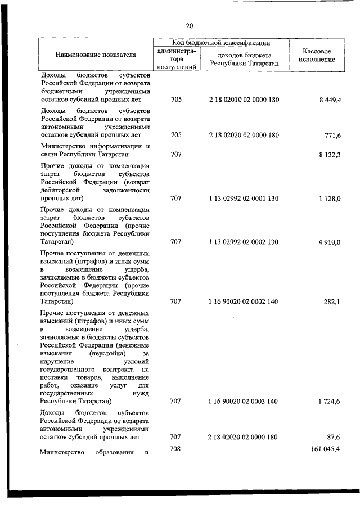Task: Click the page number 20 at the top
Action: pos(189,25)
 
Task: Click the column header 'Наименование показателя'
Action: pos(96,55)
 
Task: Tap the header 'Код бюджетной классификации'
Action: pos(222,42)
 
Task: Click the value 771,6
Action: pos(331,135)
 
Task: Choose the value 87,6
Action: pos(333,437)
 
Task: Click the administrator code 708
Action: pos(176,448)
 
